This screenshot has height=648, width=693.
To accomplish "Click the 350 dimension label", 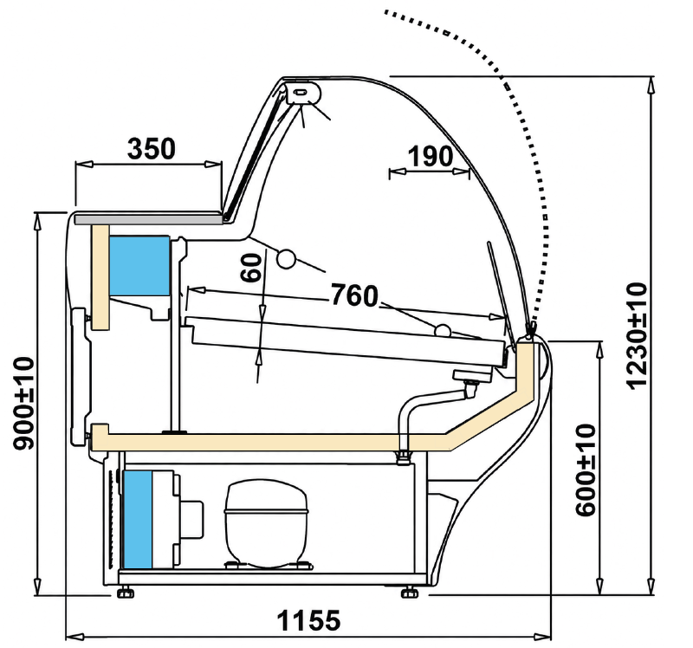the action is point(151,148).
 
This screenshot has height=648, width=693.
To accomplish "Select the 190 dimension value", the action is point(430,157).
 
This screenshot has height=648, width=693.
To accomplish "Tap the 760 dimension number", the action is point(354,295).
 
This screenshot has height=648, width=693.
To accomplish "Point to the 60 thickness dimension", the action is point(251,268).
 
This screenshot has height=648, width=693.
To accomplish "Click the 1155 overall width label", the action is point(309,620).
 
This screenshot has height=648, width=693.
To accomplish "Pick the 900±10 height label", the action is point(24,403).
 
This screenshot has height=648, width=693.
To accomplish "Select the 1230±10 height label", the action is point(637,335).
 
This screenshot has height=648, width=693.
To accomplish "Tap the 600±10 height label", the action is point(586,470).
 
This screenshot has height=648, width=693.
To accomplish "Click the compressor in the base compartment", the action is point(266,524).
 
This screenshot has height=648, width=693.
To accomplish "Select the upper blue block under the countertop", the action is point(139,266).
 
